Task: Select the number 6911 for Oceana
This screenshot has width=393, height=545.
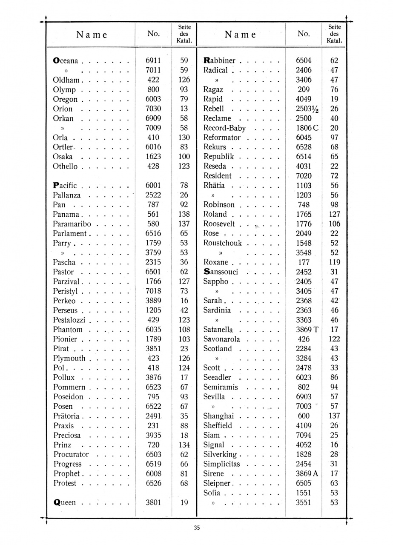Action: (153, 61)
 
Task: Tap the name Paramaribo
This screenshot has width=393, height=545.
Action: (72, 224)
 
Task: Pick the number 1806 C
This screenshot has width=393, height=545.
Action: (307, 128)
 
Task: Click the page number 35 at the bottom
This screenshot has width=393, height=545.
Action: (197, 528)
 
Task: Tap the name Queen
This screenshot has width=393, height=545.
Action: (64, 502)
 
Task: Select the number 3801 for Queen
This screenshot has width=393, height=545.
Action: (153, 502)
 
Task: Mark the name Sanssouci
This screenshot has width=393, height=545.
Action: (221, 272)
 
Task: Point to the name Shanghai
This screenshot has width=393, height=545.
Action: (218, 416)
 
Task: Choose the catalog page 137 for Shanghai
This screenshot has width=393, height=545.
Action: (334, 416)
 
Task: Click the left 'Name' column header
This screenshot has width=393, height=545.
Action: (92, 35)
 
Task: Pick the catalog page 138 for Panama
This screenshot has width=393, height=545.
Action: (184, 215)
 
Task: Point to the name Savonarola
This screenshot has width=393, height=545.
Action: (222, 339)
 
